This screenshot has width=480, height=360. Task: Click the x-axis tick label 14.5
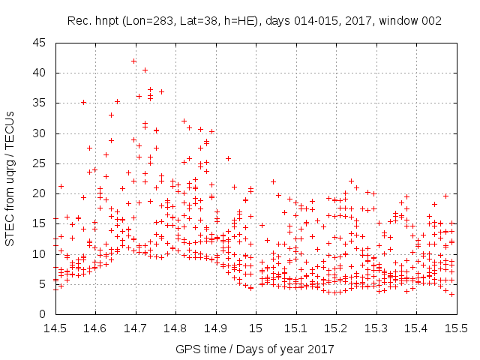(54, 328)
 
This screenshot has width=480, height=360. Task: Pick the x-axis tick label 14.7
(135, 328)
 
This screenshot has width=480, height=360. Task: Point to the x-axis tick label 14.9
(215, 328)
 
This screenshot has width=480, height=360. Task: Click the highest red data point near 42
(133, 61)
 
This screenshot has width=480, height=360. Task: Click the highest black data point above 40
(145, 70)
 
